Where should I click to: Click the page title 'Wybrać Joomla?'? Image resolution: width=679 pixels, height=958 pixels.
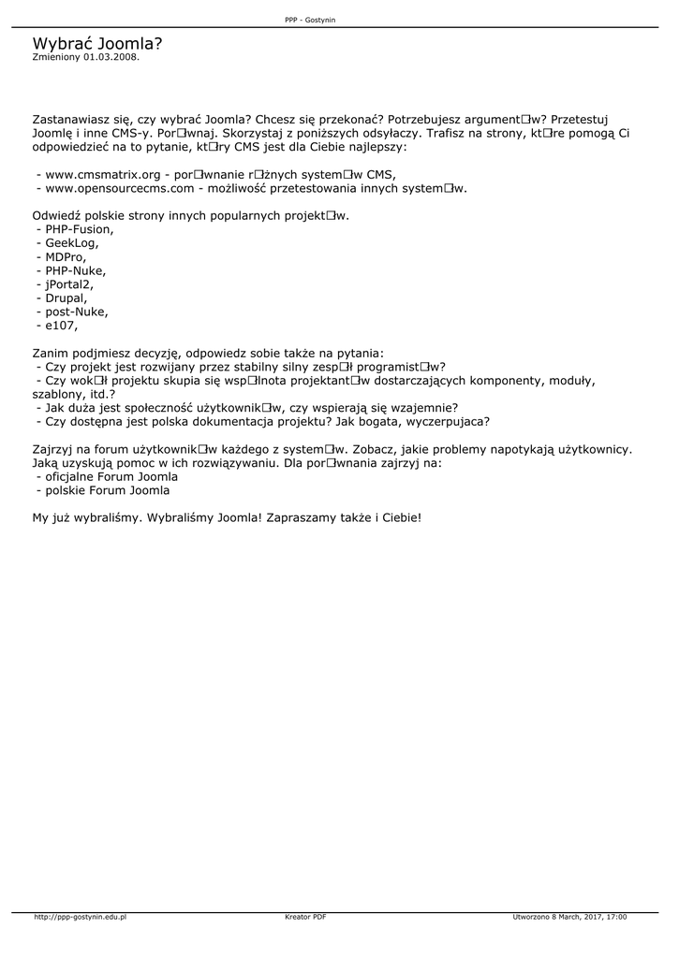97,43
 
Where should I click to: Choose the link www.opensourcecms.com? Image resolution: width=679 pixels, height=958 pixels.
120,188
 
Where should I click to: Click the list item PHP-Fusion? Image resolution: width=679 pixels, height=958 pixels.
80,229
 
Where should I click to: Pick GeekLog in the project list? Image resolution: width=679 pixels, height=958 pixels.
72,243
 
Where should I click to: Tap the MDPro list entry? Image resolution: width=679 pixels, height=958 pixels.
66,257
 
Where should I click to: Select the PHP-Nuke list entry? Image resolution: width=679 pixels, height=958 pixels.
76,271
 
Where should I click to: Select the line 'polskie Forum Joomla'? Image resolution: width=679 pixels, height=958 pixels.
103,490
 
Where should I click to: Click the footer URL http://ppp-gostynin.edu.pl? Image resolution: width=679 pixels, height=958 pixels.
81,918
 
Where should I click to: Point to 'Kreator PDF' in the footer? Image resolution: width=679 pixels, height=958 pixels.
305,918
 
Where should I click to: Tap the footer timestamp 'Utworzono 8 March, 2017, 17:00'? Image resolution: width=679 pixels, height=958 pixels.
569,918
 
